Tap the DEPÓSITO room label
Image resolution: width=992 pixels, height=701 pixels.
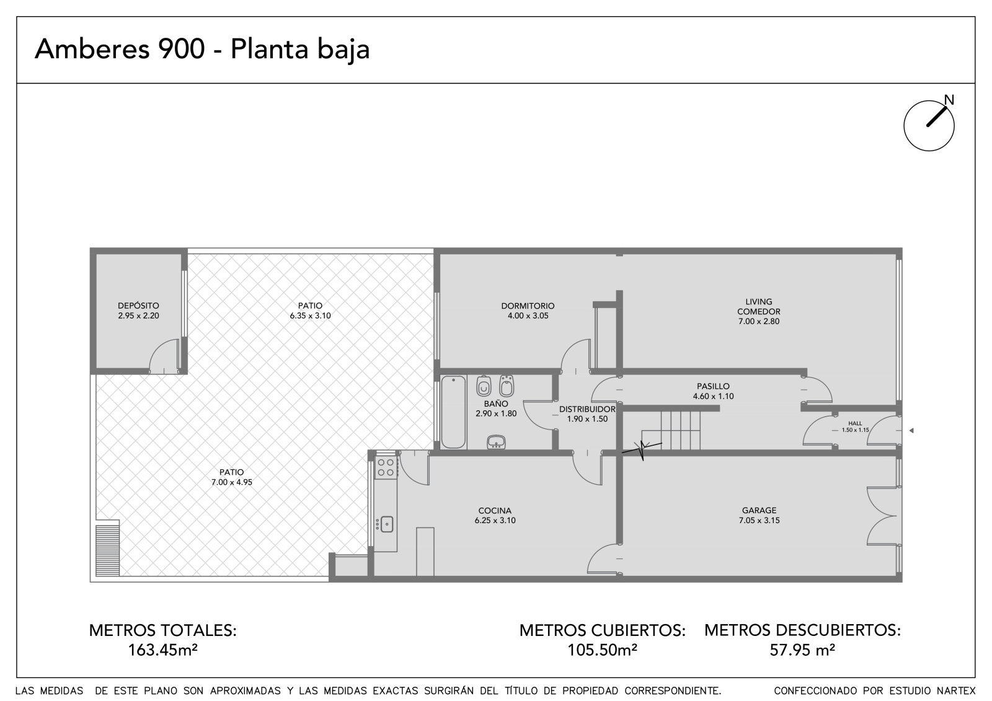click(x=138, y=306)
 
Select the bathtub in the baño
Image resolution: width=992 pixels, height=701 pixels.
click(x=453, y=412)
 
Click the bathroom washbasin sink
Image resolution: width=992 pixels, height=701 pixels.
click(x=496, y=442)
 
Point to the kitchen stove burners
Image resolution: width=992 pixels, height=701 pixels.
click(x=386, y=467)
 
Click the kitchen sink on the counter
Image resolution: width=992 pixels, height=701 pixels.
click(x=386, y=524)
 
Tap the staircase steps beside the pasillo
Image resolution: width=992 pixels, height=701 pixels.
click(x=671, y=430)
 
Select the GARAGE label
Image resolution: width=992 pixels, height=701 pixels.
click(x=759, y=510)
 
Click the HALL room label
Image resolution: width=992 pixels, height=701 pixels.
click(x=855, y=423)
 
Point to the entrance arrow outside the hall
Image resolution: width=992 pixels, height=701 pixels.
click(x=911, y=430)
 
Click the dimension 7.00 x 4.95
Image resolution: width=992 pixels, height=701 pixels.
click(x=232, y=482)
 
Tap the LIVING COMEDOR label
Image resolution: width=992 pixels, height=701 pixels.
click(x=759, y=306)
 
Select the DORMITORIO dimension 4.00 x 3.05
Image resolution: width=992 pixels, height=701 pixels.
click(x=528, y=315)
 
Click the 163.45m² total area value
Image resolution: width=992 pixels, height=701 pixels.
click(x=162, y=650)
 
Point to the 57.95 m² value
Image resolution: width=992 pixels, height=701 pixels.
click(x=802, y=650)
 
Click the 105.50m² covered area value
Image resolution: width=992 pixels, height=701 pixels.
click(x=602, y=650)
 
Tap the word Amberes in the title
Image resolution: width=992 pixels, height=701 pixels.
click(x=92, y=49)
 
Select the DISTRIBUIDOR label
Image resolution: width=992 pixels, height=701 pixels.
click(x=587, y=409)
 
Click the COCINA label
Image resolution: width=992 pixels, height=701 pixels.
click(x=495, y=511)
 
